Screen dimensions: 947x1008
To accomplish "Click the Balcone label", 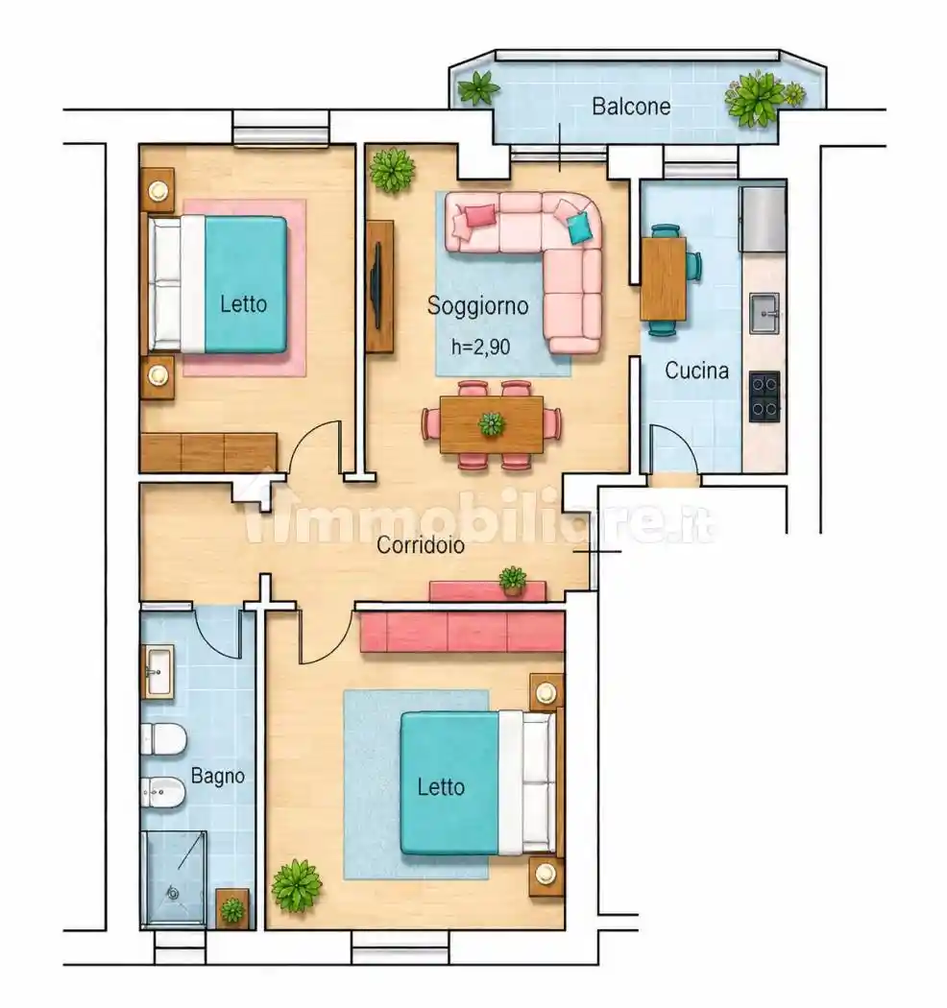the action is (x=631, y=106).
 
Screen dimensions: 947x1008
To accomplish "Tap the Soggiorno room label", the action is (x=478, y=305).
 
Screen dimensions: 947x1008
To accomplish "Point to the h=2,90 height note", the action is (x=480, y=348).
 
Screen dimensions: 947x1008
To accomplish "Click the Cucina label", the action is (x=696, y=371).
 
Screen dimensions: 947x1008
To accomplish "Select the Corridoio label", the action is (x=421, y=545).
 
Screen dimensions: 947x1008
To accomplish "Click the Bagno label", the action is (x=218, y=776).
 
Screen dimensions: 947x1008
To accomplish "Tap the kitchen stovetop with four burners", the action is (x=765, y=396).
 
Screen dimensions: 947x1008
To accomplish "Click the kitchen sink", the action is (x=765, y=314).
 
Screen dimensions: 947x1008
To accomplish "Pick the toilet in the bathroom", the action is (x=162, y=739).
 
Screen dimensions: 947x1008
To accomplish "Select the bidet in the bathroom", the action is (x=162, y=792).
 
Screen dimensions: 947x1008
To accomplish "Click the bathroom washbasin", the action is (x=158, y=672).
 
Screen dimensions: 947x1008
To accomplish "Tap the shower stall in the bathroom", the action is (x=174, y=878).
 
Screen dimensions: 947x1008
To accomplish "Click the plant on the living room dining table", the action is (x=492, y=423).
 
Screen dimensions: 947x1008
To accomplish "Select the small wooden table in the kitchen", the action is (x=664, y=278).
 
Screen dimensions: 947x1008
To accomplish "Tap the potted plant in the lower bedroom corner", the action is (x=296, y=886).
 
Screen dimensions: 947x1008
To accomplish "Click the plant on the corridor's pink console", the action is (x=513, y=579).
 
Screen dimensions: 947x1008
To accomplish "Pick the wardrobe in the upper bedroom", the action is (x=208, y=452).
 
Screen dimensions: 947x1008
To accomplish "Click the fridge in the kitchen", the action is (x=763, y=219).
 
